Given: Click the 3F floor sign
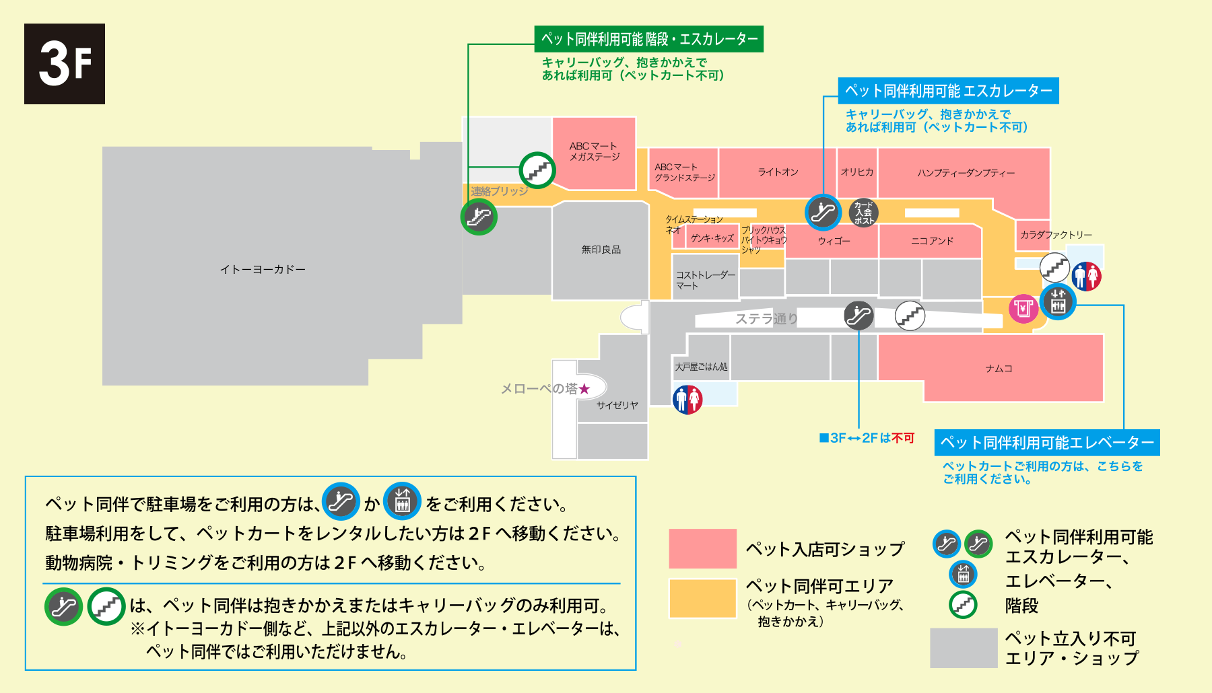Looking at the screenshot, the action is [x=65, y=64].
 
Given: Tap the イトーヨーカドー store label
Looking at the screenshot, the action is [x=263, y=270].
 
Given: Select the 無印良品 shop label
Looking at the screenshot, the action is [x=601, y=250].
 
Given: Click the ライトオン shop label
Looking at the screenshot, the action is [x=778, y=172].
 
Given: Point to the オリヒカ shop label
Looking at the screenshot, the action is [x=857, y=172].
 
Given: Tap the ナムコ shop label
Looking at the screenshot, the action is [x=999, y=369].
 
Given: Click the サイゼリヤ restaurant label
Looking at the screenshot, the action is [x=617, y=405].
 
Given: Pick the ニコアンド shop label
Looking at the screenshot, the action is [x=933, y=241].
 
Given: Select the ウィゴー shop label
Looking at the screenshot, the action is [x=834, y=241].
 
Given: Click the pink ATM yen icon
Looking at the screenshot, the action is [x=1023, y=309].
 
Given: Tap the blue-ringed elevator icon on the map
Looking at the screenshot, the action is [x=1058, y=302].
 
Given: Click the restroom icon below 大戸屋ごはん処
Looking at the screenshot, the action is [x=687, y=400].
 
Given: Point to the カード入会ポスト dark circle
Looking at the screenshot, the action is [x=864, y=213].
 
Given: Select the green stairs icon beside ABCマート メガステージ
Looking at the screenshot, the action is [x=537, y=170].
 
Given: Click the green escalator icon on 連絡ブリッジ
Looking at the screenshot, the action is [x=479, y=217].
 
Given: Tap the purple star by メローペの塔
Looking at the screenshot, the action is [x=584, y=389].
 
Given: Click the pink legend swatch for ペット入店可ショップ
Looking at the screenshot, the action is [x=702, y=548].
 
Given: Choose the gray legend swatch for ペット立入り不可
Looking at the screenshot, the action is [x=964, y=648].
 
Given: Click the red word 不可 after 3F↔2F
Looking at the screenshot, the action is [x=902, y=438].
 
